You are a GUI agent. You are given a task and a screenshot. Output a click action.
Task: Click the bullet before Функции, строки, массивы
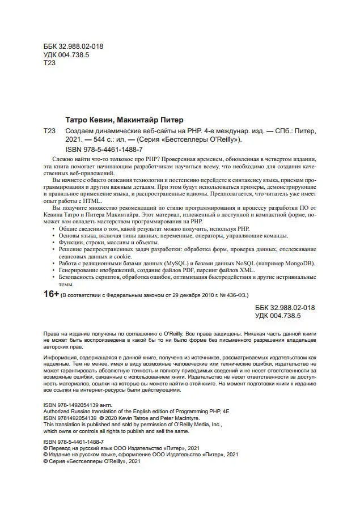(x=54, y=241)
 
